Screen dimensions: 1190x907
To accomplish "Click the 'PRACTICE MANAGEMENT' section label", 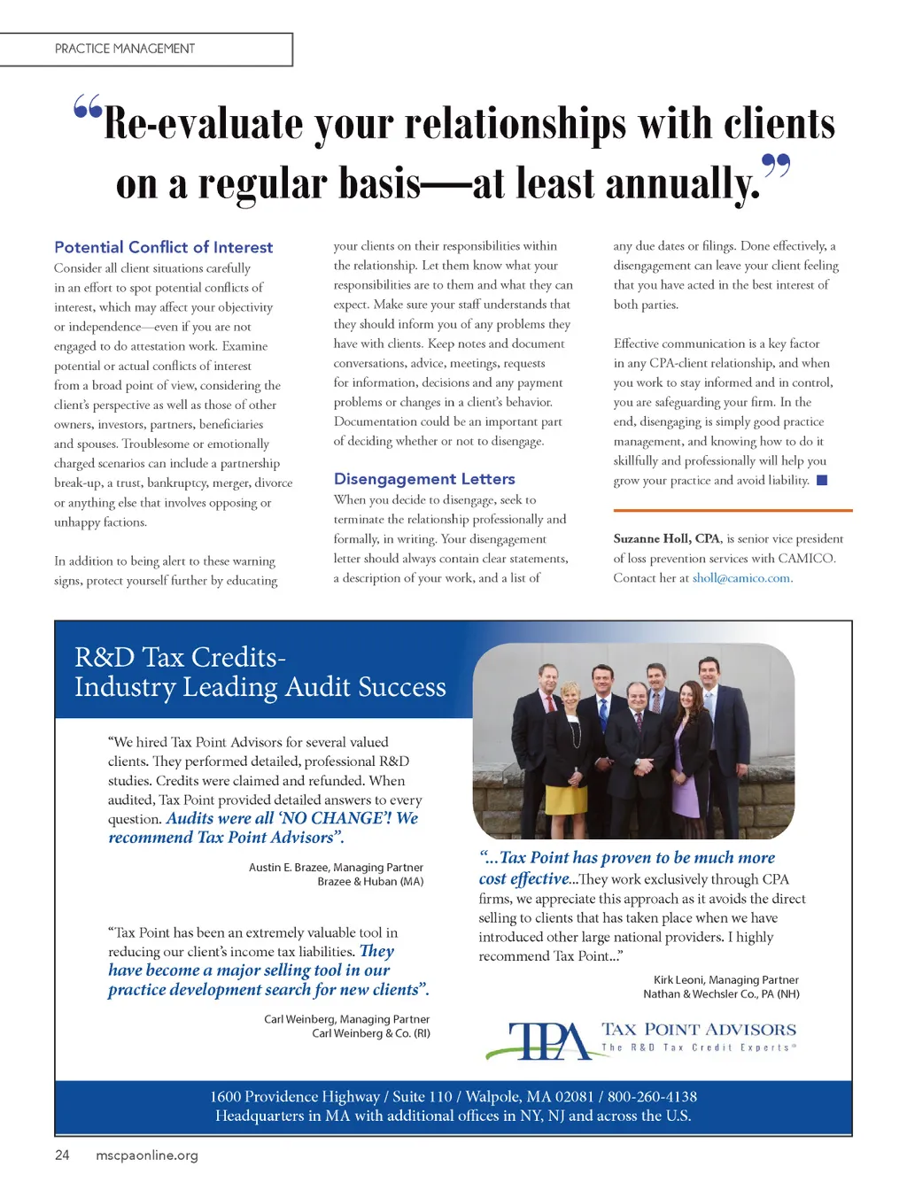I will pyautogui.click(x=125, y=49).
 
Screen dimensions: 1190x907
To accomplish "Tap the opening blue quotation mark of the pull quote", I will pyautogui.click(x=88, y=107).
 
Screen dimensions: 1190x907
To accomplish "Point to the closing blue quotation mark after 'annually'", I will pyautogui.click(x=776, y=166).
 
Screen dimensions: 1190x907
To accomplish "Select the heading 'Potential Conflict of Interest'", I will pyautogui.click(x=163, y=247).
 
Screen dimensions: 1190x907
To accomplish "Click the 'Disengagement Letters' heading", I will pyautogui.click(x=424, y=479).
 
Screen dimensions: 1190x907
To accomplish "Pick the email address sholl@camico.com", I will pyautogui.click(x=741, y=578).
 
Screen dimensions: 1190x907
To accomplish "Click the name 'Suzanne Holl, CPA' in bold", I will pyautogui.click(x=667, y=538).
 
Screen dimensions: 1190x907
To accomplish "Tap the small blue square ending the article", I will pyautogui.click(x=822, y=480).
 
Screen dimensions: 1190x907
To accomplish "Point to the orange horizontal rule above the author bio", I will pyautogui.click(x=733, y=510).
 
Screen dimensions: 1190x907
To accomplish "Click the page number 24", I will pyautogui.click(x=62, y=1155).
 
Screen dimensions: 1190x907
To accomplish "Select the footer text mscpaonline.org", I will pyautogui.click(x=147, y=1155).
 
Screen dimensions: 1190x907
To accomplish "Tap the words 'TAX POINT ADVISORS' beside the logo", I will pyautogui.click(x=699, y=1029).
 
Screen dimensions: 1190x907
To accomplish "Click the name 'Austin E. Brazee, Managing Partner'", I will pyautogui.click(x=336, y=867).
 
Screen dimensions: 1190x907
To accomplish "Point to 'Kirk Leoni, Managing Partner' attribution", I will pyautogui.click(x=725, y=979).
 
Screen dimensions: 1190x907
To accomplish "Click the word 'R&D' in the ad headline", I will pyautogui.click(x=105, y=657).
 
